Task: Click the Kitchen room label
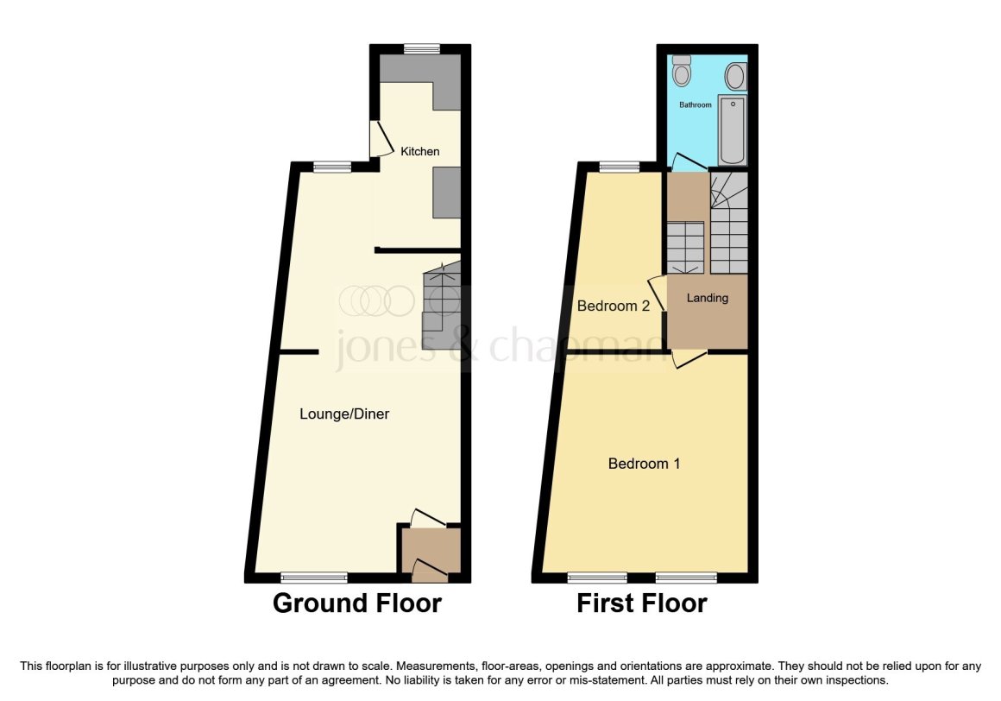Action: pos(419,151)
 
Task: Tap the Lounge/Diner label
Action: pos(344,414)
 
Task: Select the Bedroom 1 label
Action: pos(644,464)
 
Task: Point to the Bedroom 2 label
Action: pos(614,306)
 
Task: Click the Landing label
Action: pos(707,298)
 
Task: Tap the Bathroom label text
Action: pos(696,104)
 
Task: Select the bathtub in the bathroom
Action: pos(733,130)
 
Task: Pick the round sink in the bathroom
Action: pos(736,76)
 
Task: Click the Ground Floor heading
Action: pos(356,603)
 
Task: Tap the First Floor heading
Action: pos(641,603)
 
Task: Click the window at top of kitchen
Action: pos(421,48)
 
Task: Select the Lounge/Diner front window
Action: pos(313,577)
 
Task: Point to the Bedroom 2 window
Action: pos(619,167)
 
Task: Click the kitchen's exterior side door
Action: pos(376,138)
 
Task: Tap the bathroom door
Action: pos(688,161)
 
